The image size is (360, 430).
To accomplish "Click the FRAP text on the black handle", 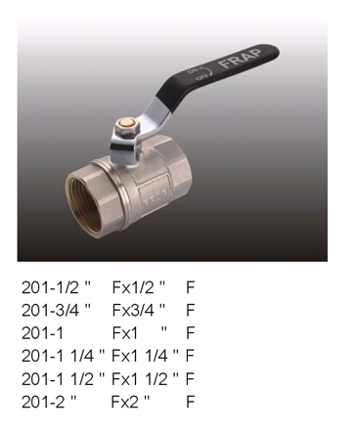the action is click(x=241, y=59).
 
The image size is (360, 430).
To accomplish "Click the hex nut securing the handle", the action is click(x=125, y=126).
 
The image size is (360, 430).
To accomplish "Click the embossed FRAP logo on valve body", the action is click(x=156, y=197).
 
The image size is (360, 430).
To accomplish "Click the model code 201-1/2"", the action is click(x=56, y=287).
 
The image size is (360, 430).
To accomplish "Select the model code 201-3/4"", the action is click(x=56, y=310).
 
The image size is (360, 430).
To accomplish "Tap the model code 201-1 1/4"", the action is click(x=64, y=356).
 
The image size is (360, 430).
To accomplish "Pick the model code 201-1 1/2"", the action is click(x=64, y=378).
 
